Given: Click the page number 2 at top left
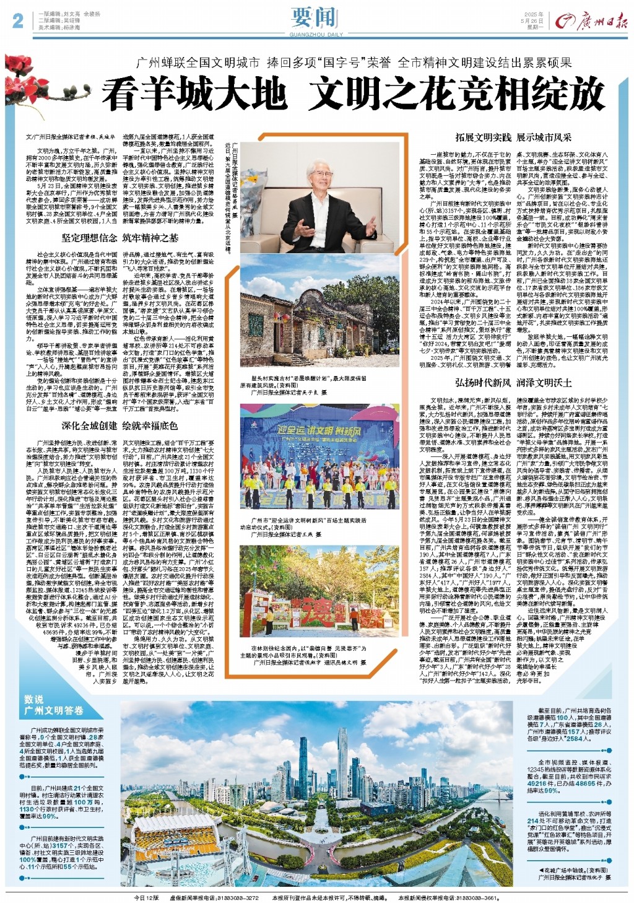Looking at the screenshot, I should click(17, 21).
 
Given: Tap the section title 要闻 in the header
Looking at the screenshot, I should click(316, 19).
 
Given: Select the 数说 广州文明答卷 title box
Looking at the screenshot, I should click(54, 705).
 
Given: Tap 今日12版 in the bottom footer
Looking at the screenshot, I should click(147, 897).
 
